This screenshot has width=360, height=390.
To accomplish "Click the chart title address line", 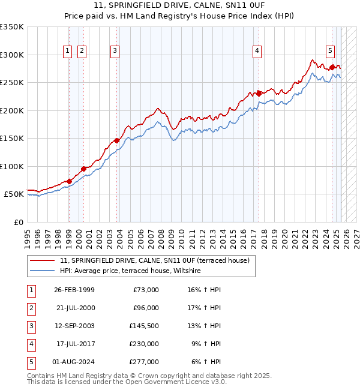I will point(180,5).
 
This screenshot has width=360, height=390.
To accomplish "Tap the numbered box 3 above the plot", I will point(115,52).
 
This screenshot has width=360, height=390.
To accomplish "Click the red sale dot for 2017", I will point(259,93).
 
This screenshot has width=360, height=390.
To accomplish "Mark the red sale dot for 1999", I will point(69,181).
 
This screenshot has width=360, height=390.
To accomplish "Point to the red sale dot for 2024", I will point(332,67).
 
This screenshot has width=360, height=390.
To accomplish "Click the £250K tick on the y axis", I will point(12,83).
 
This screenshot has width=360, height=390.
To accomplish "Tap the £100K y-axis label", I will point(12,166).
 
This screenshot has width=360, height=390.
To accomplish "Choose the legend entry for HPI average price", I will point(130,271).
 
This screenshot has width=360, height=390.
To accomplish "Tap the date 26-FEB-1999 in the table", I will point(74,290).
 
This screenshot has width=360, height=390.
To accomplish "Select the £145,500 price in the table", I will point(144,326).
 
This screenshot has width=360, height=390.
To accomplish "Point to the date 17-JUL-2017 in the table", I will point(74,344).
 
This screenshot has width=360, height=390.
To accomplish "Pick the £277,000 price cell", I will point(144,362).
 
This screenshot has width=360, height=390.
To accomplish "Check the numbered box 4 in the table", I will point(31,344).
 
